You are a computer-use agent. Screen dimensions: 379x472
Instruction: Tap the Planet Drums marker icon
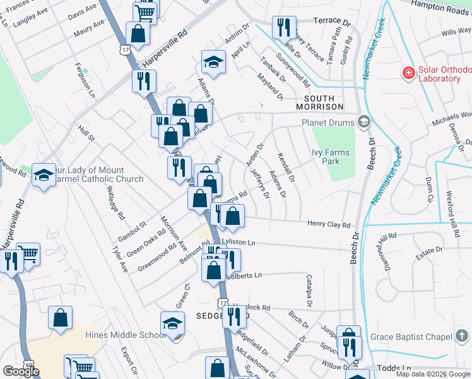363,122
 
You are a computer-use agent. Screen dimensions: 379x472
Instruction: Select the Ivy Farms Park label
331,157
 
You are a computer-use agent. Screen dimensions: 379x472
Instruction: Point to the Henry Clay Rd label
328,224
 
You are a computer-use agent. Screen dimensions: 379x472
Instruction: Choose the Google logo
21,371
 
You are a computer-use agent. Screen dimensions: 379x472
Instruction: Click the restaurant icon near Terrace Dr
281,27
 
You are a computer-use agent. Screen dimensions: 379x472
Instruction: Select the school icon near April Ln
213,62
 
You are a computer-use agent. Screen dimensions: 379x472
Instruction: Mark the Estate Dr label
430,251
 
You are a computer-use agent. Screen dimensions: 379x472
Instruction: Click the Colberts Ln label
244,275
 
